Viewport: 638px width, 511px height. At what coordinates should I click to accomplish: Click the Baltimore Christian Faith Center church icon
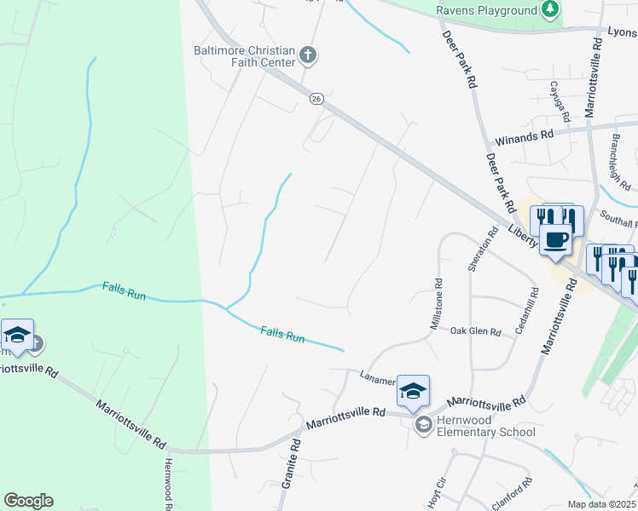coord(309,56)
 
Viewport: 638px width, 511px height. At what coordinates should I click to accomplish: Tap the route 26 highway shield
coord(316,100)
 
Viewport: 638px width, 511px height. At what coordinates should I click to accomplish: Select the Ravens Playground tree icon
coord(551,9)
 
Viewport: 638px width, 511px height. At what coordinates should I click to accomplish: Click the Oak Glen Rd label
coord(475,330)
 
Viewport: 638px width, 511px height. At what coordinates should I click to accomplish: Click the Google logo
coord(28,501)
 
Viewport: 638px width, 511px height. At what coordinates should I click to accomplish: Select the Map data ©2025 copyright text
coord(602,504)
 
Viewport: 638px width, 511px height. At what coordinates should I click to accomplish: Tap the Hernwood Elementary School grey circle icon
coord(421,424)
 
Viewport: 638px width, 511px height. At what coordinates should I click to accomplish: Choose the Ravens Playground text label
coord(486,9)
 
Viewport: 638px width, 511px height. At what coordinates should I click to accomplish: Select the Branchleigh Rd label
coord(621,162)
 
